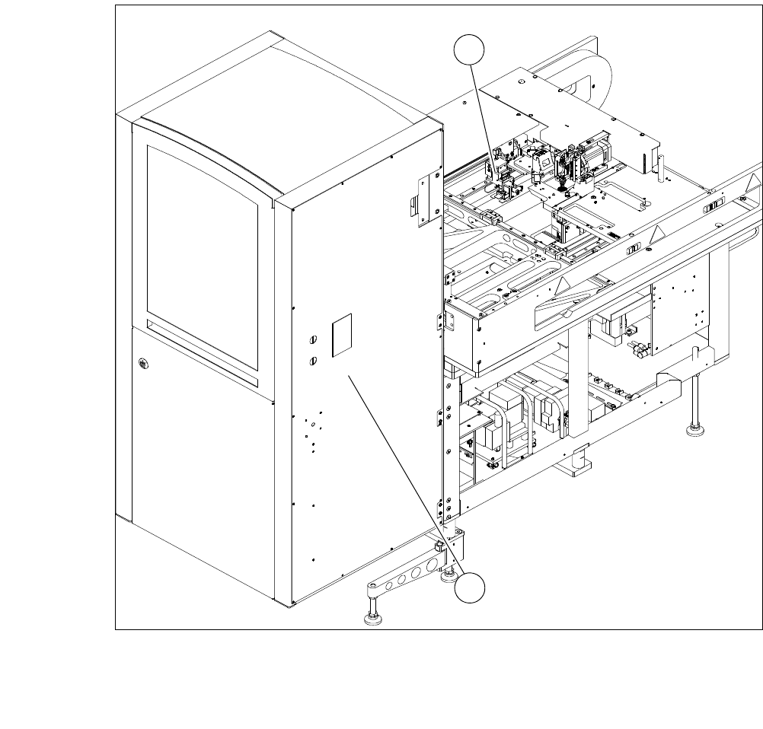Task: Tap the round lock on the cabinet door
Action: pyautogui.click(x=142, y=364)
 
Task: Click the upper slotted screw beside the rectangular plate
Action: pyautogui.click(x=312, y=339)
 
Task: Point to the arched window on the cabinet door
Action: pyautogui.click(x=202, y=236)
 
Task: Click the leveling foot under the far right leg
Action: pyautogui.click(x=695, y=431)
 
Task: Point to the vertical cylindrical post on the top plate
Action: pyautogui.click(x=662, y=165)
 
